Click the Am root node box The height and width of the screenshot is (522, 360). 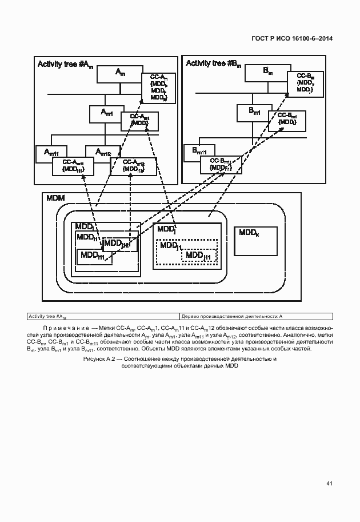click(119, 73)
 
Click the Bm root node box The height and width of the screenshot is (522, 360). click(267, 71)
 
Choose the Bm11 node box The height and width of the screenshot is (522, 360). click(198, 152)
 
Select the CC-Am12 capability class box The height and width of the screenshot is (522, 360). click(132, 165)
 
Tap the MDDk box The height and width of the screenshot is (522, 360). click(255, 241)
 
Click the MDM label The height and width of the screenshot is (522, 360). click(55, 198)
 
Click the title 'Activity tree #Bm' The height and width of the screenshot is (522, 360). click(213, 63)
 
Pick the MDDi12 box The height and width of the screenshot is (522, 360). click(119, 244)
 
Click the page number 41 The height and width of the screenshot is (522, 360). click(329, 484)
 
